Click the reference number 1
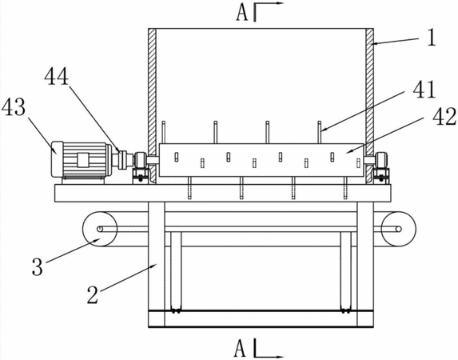click(x=432, y=38)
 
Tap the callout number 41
click(x=424, y=90)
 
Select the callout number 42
click(x=444, y=116)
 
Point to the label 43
click(x=14, y=107)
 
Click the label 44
click(x=57, y=76)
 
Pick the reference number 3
click(x=38, y=267)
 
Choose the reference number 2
click(x=93, y=294)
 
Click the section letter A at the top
click(x=242, y=14)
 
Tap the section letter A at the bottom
click(x=240, y=348)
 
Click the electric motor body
click(x=82, y=159)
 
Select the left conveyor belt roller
click(x=100, y=229)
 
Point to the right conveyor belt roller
click(x=398, y=229)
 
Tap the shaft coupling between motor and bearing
click(x=122, y=160)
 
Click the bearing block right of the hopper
click(x=381, y=167)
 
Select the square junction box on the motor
click(x=83, y=160)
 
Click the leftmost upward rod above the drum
click(x=164, y=132)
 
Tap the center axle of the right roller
click(x=398, y=229)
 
